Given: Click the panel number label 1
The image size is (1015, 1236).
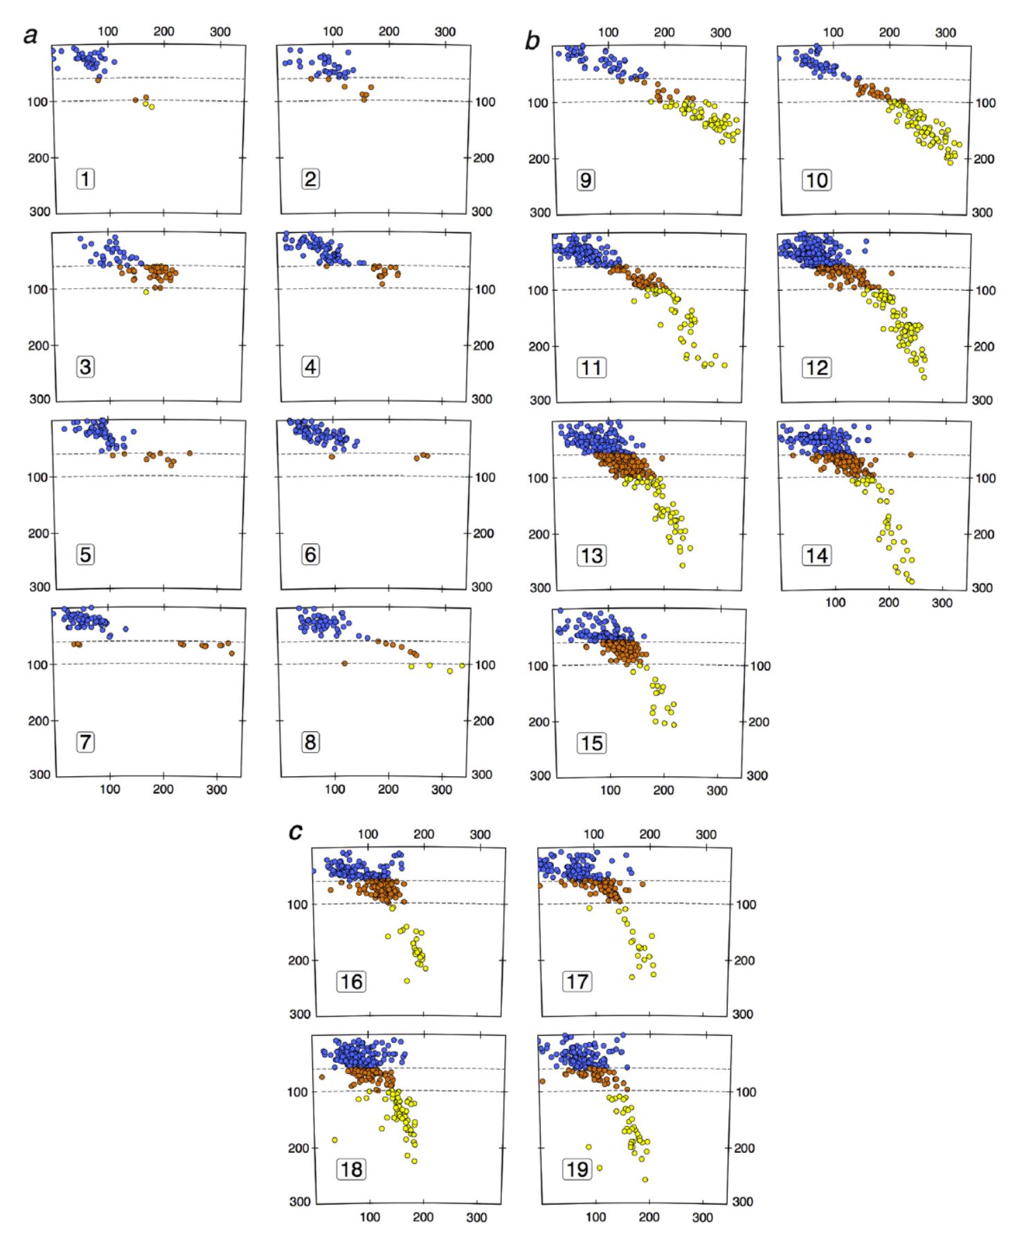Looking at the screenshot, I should tap(85, 179).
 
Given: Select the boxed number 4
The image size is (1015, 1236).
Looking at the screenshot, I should tap(310, 367).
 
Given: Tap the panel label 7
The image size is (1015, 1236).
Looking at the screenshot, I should tap(85, 742).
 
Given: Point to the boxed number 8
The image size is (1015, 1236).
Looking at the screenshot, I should tap(310, 742).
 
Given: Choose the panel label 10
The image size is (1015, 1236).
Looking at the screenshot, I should tap(816, 181).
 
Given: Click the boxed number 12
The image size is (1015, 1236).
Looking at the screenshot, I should tap(816, 368).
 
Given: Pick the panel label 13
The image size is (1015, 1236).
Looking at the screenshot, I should tap(591, 555).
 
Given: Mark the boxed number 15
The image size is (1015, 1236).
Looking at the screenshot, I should tap(591, 743).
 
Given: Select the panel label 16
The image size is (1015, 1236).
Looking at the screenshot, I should tap(351, 982).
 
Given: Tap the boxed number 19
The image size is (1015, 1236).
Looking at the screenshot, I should tap(577, 1170).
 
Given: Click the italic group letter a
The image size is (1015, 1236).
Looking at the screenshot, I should tap(30, 35).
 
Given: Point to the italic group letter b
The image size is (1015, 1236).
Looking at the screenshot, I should tap(532, 41).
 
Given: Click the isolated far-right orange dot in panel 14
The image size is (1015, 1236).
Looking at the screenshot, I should tap(910, 454).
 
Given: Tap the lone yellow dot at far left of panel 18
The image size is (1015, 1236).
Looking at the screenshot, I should tap(334, 1140).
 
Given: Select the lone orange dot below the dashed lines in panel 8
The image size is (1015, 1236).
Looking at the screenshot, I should tap(344, 663).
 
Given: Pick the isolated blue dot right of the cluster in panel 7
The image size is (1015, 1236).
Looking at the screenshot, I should tap(125, 629).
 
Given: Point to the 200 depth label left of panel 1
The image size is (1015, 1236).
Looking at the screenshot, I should tap(38, 158).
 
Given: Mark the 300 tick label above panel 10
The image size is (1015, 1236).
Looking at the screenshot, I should tap(945, 33).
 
